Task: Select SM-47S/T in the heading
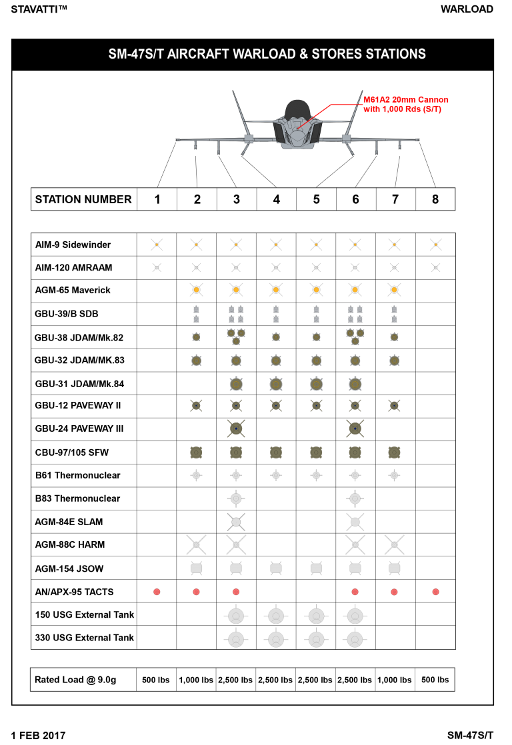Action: [x=136, y=55]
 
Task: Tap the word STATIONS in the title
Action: [x=395, y=55]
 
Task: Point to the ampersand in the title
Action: [x=303, y=55]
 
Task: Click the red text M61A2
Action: [x=376, y=100]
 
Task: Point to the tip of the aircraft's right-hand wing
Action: [x=417, y=140]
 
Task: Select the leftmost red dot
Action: [x=157, y=592]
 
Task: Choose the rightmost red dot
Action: [x=435, y=592]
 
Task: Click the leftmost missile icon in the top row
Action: [x=157, y=245]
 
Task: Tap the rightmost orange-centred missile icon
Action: [x=394, y=290]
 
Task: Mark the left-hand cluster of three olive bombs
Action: [x=236, y=336]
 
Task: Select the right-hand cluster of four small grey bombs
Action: [x=355, y=314]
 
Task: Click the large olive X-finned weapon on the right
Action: [x=355, y=428]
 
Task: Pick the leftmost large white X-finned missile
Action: [x=196, y=544]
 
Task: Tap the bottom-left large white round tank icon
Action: [x=236, y=639]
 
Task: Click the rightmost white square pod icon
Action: [x=394, y=568]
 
